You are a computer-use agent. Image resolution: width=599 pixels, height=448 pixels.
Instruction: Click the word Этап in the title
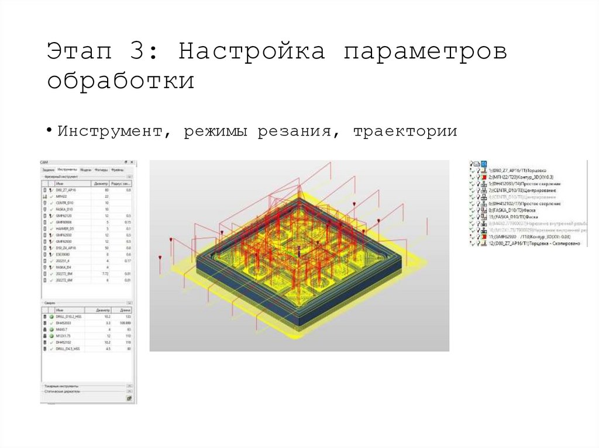pos(76,51)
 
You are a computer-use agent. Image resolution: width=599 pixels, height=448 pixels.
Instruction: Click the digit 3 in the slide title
pos(139,51)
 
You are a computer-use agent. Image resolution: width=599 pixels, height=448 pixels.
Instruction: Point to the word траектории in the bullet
pos(405,131)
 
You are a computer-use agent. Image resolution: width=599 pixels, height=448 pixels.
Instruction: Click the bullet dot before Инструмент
pos(51,130)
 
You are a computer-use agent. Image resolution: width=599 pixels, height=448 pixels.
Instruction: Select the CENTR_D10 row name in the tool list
pos(65,203)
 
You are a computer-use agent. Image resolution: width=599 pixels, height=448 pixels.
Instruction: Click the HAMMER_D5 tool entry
pos(65,228)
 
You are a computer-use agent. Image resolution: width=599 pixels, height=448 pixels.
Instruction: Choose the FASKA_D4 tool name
pos(64,267)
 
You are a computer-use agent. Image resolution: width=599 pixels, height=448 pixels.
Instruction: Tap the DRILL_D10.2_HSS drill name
pos(70,317)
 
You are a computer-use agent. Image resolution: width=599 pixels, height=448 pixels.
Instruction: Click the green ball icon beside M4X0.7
pos(51,329)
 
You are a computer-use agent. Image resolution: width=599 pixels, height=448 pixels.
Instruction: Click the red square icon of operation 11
pos(484,237)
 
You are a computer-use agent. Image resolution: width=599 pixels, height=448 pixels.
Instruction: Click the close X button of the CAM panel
pos(132,162)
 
